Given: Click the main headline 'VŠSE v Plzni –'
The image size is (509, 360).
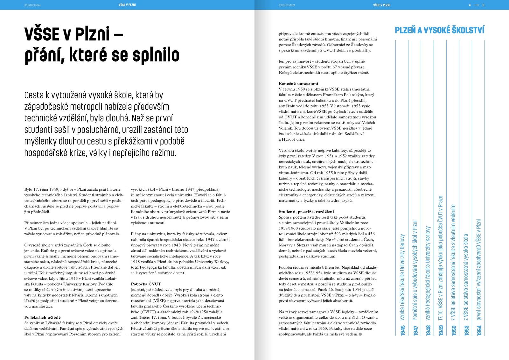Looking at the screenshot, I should (73, 34).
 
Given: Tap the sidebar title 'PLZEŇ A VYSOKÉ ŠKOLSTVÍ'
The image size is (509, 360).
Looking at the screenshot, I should (439, 30).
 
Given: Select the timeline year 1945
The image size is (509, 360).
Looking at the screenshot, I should (403, 330).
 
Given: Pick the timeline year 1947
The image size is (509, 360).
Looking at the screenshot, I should (415, 330).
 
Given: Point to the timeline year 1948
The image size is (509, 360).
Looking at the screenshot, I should (428, 330).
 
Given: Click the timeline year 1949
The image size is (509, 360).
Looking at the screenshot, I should (441, 330).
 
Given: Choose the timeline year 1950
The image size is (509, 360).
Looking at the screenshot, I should (454, 330).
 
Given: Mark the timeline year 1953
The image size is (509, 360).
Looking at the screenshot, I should (466, 330).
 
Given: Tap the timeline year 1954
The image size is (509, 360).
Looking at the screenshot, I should (479, 330).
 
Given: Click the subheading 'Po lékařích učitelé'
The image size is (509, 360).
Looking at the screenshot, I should (42, 317).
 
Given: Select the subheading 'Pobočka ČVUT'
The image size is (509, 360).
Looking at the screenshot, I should (146, 284).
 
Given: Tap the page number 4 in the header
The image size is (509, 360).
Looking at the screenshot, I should (470, 5).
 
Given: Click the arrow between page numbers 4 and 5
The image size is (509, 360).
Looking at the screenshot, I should (476, 5).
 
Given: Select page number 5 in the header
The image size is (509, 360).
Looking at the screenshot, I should (483, 5).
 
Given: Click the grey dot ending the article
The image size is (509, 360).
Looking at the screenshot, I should (360, 334).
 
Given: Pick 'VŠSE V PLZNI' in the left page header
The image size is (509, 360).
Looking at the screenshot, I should (127, 5).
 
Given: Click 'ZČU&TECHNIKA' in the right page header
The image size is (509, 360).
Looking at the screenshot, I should (287, 5).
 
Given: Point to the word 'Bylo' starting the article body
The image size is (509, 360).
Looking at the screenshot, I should (28, 189).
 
